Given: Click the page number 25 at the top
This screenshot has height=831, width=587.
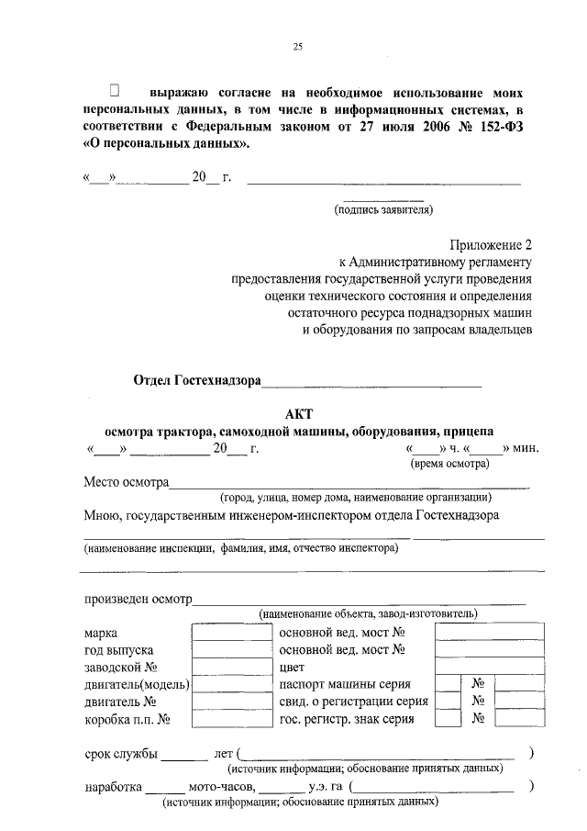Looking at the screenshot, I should pos(297,48).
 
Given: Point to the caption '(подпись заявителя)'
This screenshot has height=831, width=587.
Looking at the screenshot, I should pos(382,210).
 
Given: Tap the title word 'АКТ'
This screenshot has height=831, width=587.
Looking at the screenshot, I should pos(299,414).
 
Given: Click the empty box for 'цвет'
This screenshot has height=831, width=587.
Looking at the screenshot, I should pos(489,668).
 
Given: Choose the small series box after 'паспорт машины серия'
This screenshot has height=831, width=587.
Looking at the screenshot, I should pos(448,684).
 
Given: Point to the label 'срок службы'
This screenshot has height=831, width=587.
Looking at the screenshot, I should pos(120,754).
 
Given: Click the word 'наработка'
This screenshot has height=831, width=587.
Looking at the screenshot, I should pos(112,788).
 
